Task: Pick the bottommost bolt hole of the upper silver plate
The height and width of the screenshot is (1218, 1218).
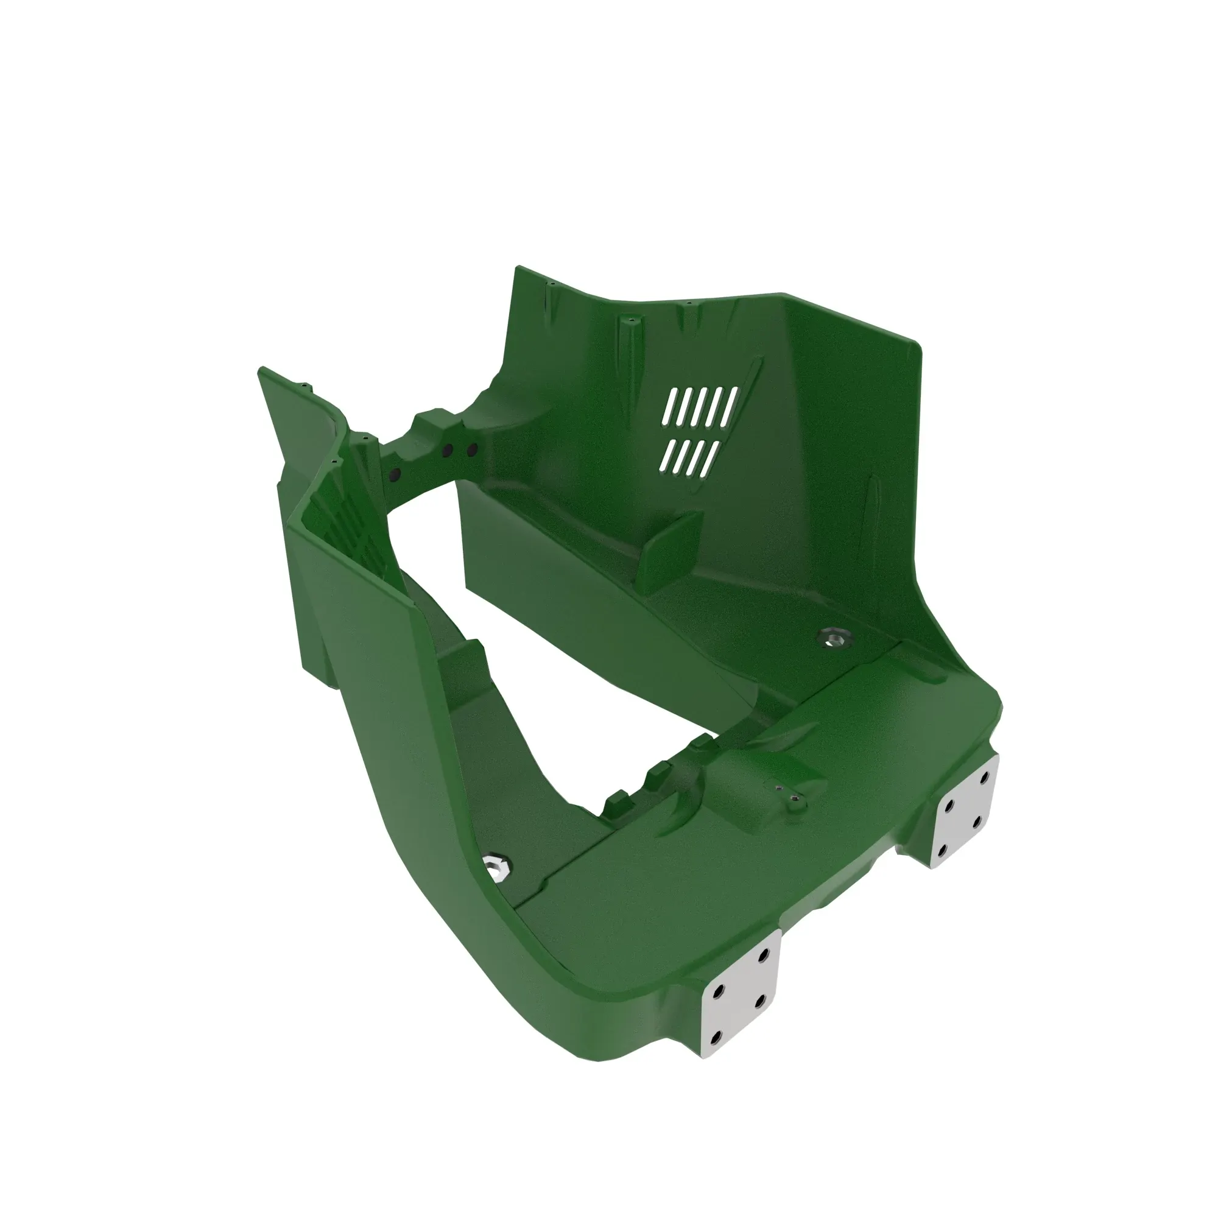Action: pos(943,852)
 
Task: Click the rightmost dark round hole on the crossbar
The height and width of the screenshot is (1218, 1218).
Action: pos(471,449)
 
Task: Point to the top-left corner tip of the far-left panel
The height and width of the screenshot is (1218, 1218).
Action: pos(261,370)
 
